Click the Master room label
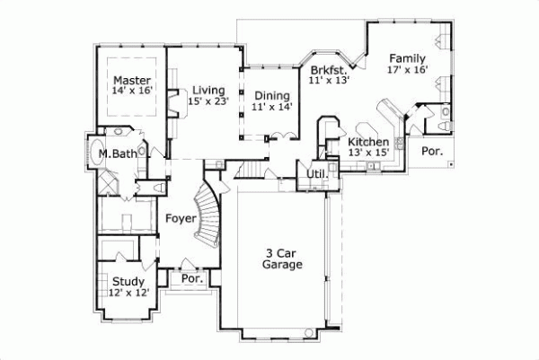(131, 80)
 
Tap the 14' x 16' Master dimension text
(131, 92)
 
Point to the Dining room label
(271, 95)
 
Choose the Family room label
(407, 58)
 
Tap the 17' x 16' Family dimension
(407, 69)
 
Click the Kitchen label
(368, 142)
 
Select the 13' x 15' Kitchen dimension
(368, 154)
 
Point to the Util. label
(316, 173)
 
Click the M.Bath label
(118, 154)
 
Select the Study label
(129, 281)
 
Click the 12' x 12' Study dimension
(129, 293)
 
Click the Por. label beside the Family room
(433, 152)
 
